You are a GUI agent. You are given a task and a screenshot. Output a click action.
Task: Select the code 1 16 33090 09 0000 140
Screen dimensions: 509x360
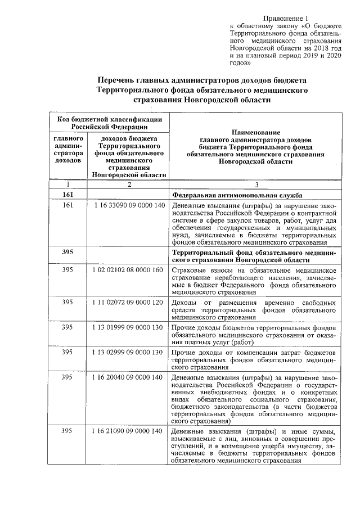coord(129,206)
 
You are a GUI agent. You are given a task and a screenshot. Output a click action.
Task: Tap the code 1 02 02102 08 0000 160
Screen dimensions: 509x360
coord(129,271)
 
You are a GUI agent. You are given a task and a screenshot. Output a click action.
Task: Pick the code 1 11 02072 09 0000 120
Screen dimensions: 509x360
coord(129,303)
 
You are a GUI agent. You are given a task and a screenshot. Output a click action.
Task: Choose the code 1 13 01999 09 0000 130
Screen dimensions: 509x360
coord(129,327)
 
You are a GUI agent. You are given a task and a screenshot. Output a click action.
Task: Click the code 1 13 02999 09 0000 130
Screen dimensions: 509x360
coord(129,352)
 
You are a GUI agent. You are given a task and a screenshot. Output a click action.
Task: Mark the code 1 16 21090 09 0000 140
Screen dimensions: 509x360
coord(129,431)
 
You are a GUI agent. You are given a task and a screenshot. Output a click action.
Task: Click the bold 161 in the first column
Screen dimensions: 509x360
coord(68,195)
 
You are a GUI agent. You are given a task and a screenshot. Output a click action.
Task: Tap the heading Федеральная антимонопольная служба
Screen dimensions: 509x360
coord(237,195)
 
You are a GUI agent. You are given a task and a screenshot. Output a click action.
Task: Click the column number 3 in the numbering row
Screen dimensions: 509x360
coord(256,184)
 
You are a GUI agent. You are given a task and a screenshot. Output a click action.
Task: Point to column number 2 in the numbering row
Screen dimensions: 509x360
coord(129,184)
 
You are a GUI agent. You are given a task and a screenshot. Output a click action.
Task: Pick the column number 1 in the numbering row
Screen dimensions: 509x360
coord(68,184)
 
